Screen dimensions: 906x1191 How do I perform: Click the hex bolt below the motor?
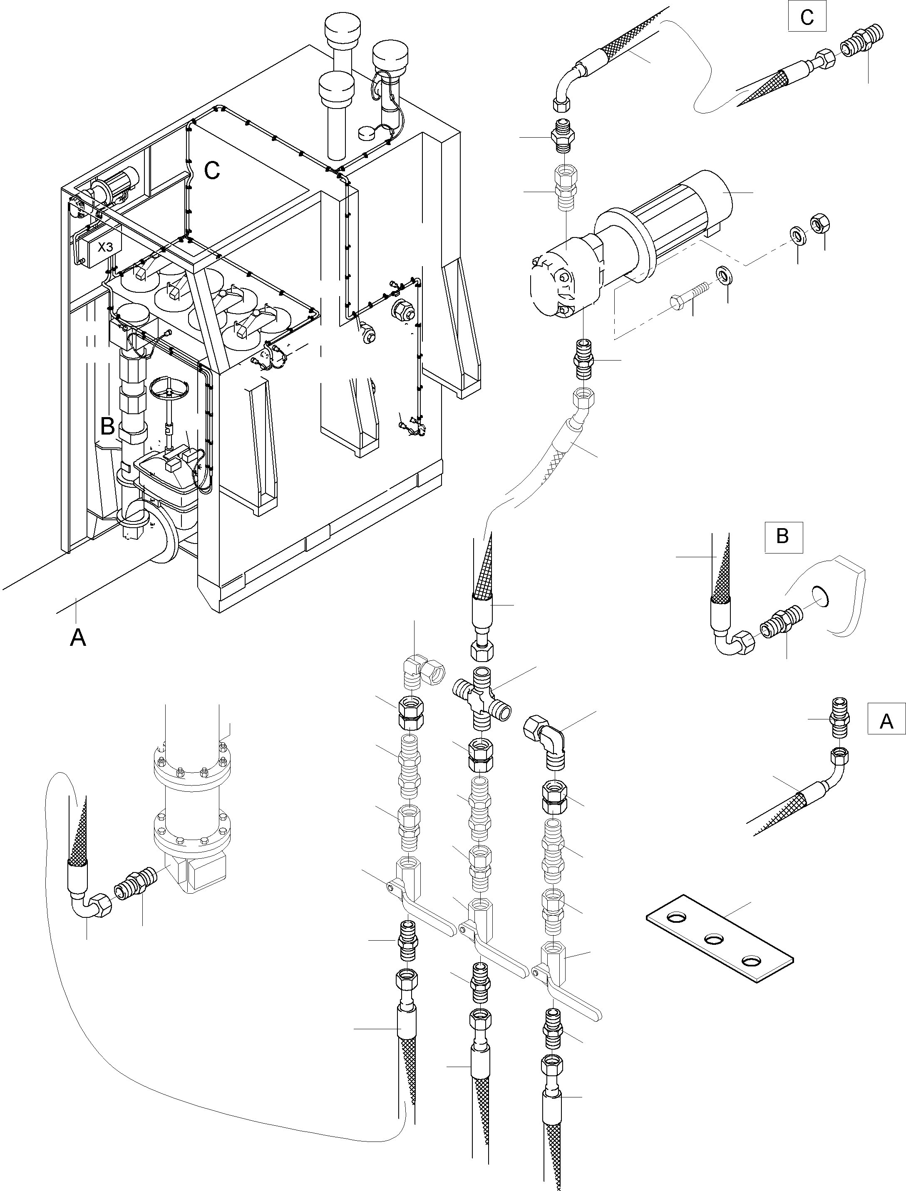[689, 295]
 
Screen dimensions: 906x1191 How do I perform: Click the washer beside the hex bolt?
[724, 275]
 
